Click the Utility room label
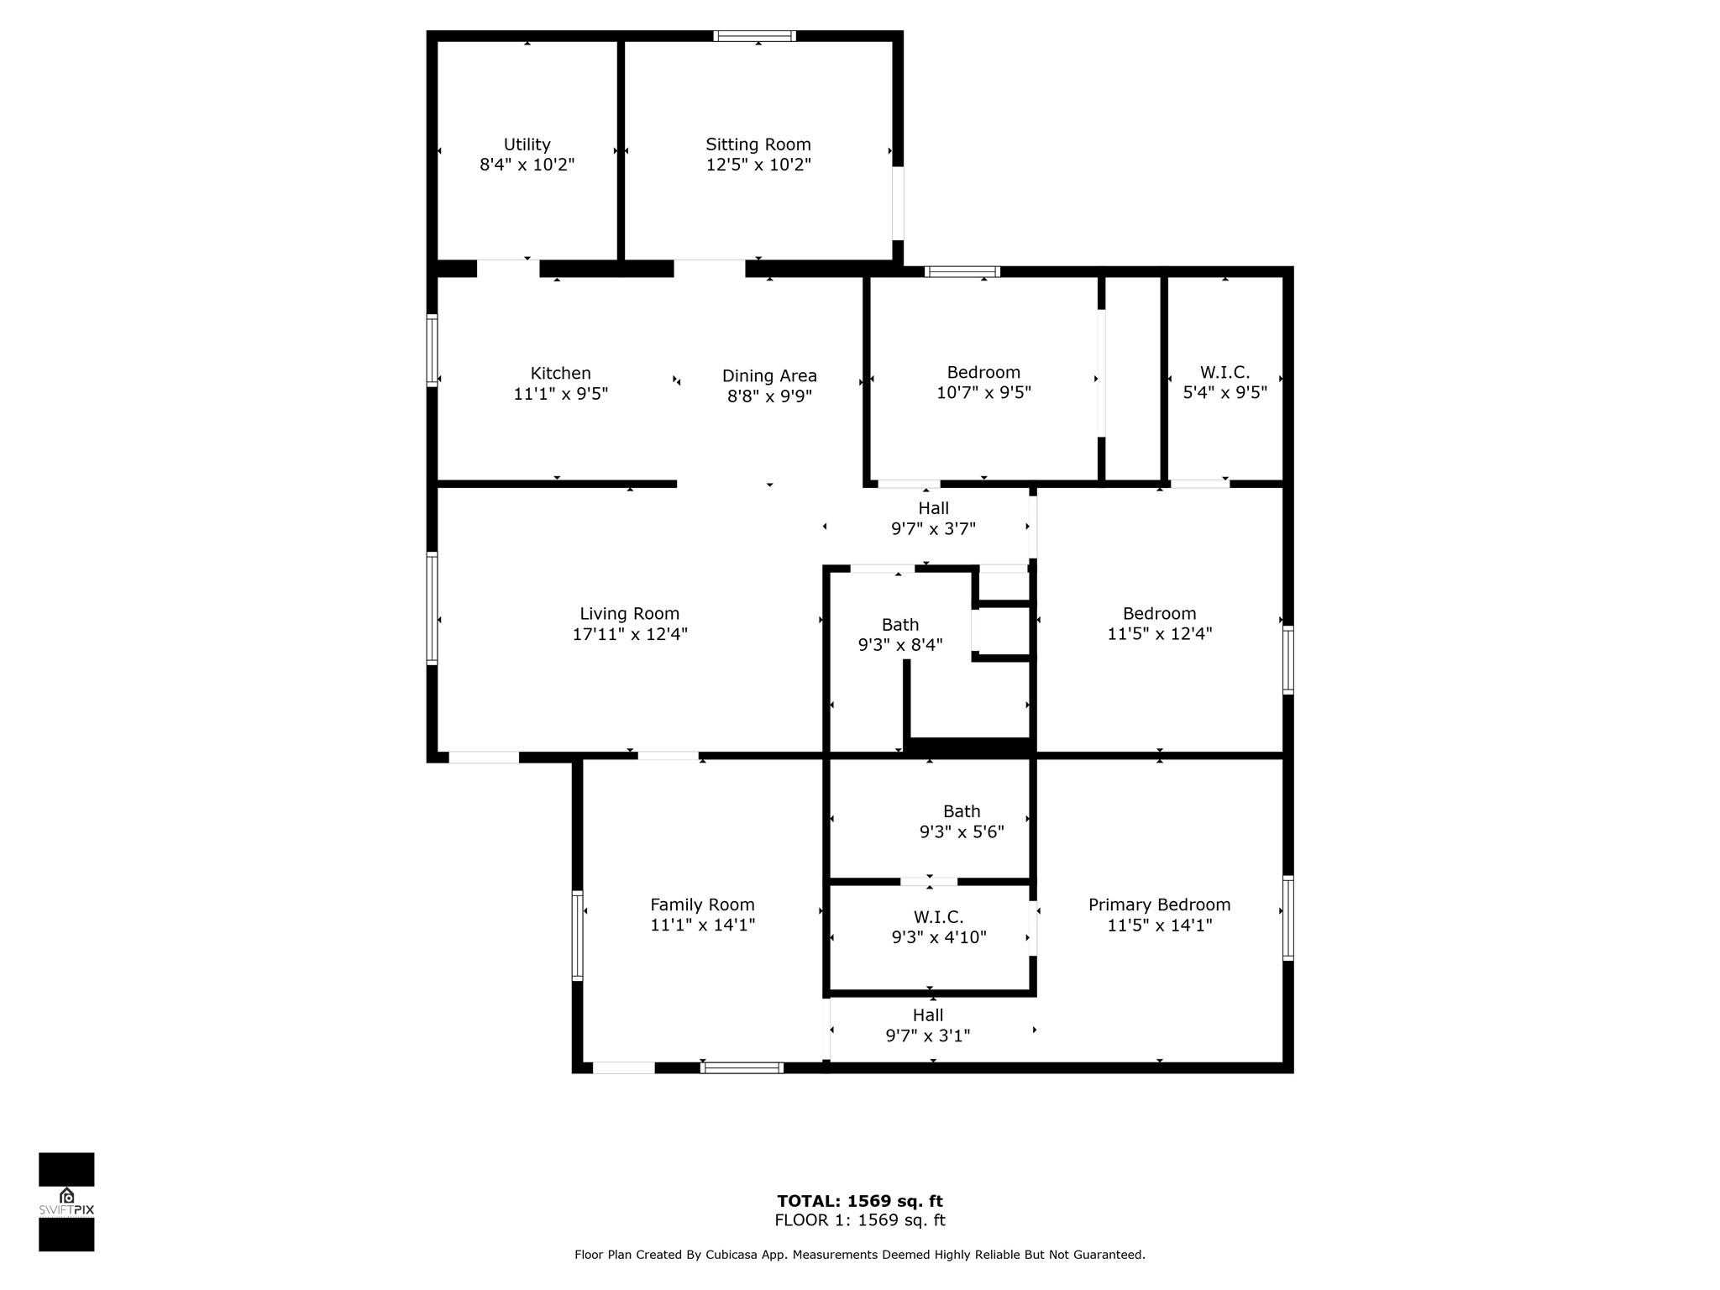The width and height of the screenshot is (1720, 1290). [x=527, y=144]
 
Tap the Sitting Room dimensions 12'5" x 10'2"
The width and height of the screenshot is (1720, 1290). [x=758, y=165]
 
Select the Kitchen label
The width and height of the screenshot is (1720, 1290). [x=560, y=373]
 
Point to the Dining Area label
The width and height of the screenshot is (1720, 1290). [x=769, y=376]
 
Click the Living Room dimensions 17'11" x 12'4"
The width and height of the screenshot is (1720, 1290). [x=630, y=634]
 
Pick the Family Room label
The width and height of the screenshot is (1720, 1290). [x=702, y=905]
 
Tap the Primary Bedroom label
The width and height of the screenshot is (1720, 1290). [x=1159, y=905]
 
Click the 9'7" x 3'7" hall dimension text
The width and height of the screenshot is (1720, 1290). [x=933, y=528]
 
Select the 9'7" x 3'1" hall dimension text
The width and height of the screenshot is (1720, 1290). [x=928, y=1036]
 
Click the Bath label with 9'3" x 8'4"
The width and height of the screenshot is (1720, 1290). [x=900, y=625]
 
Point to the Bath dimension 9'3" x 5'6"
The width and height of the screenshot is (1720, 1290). [x=962, y=831]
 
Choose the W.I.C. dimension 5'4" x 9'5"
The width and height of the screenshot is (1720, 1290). [x=1224, y=392]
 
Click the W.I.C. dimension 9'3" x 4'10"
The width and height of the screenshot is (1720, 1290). [x=939, y=936]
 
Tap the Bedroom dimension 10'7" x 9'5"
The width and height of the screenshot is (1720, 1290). [x=983, y=392]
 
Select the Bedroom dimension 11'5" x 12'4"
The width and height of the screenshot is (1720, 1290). [x=1159, y=634]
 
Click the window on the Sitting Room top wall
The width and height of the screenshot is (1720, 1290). [x=754, y=36]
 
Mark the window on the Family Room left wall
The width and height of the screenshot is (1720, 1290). [x=578, y=936]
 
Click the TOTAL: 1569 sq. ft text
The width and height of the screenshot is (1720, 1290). [x=860, y=1201]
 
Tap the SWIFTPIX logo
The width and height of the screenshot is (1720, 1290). [x=66, y=1203]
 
